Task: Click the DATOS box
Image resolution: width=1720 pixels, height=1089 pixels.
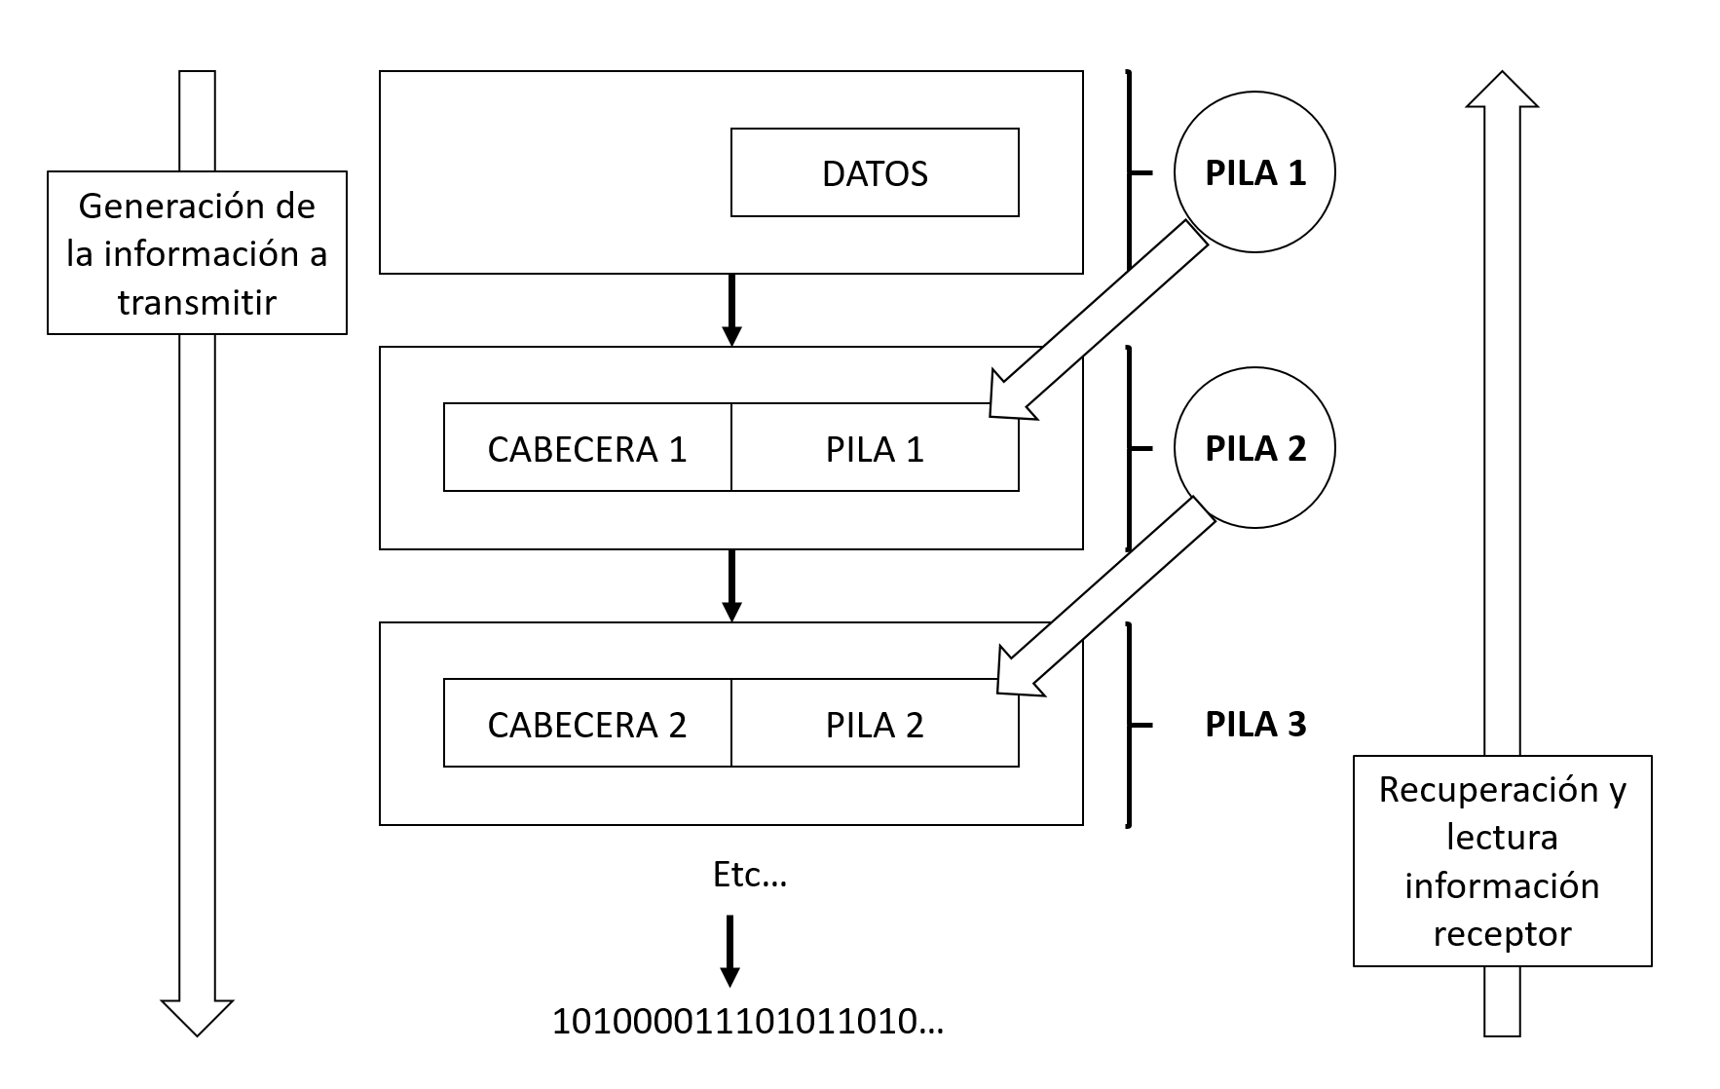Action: point(874,172)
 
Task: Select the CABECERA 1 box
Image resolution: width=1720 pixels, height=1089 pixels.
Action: point(586,448)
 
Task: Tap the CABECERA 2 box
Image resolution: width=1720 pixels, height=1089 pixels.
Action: point(586,724)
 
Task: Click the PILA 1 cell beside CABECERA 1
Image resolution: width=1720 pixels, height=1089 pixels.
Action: point(874,448)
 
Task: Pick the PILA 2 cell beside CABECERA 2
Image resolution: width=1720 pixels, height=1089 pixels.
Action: point(874,724)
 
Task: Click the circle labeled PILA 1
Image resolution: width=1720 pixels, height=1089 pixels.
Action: point(1254,172)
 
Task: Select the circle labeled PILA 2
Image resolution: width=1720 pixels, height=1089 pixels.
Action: point(1254,448)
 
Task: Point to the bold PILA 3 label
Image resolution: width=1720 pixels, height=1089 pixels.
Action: point(1254,724)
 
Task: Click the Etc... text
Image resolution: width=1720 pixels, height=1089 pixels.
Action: point(749,875)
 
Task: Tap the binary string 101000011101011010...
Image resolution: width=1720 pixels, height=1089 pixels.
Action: point(747,1021)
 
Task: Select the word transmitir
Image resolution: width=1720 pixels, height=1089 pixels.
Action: point(197,302)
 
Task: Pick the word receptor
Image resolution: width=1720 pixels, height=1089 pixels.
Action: point(1502,933)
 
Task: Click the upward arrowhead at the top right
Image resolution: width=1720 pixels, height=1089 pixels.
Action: point(1502,90)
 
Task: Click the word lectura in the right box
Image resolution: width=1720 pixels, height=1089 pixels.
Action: point(1502,837)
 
